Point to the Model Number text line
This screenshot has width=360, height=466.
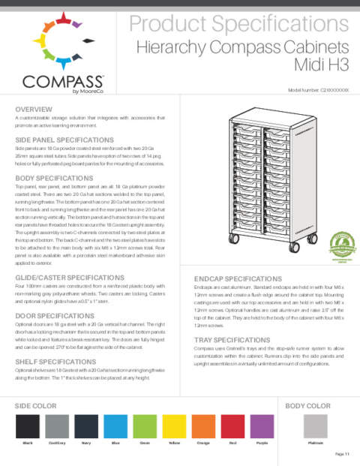tap(319, 89)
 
